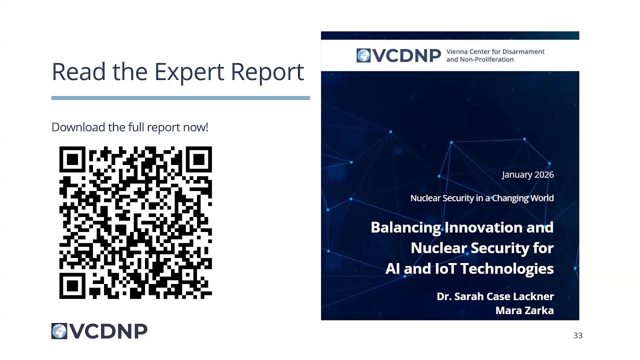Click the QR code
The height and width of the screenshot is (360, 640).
(135, 223)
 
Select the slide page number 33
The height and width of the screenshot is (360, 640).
(577, 335)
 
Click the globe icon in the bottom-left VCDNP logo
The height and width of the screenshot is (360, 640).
(59, 331)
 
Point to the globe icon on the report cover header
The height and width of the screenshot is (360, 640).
(363, 55)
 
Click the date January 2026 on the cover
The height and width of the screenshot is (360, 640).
(527, 174)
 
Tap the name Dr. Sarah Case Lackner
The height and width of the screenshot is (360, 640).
(495, 296)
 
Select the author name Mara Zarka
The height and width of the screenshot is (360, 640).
(524, 310)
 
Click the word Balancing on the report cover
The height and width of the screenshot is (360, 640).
(405, 227)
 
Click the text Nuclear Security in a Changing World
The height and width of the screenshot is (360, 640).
(481, 198)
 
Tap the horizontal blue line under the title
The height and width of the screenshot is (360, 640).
(180, 98)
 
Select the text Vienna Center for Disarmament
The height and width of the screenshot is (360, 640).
(495, 51)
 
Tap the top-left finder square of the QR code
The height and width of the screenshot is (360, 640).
(72, 159)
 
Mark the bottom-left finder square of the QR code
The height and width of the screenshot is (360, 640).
(72, 286)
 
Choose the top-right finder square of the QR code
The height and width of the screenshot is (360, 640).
(199, 159)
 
